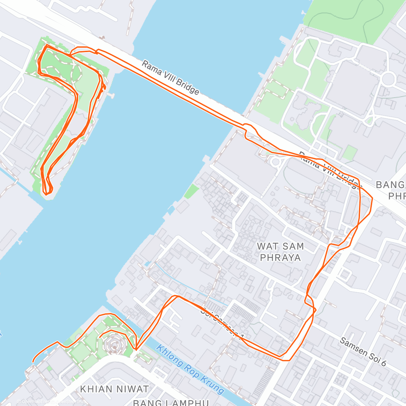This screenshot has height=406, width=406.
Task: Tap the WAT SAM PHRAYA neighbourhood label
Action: [280, 252]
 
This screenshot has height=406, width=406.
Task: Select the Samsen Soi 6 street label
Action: [363, 352]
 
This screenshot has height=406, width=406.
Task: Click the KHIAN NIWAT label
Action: [114, 389]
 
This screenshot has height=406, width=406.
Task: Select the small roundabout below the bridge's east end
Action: [276, 162]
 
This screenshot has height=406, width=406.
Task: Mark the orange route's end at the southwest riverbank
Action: [33, 362]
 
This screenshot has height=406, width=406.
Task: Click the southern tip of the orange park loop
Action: [47, 194]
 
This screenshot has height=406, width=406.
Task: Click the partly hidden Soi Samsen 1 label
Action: [222, 323]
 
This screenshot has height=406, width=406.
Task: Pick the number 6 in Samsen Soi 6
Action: [383, 363]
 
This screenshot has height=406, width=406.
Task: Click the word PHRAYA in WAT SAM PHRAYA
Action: [280, 258]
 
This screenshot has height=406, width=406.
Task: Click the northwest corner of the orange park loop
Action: [46, 45]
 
